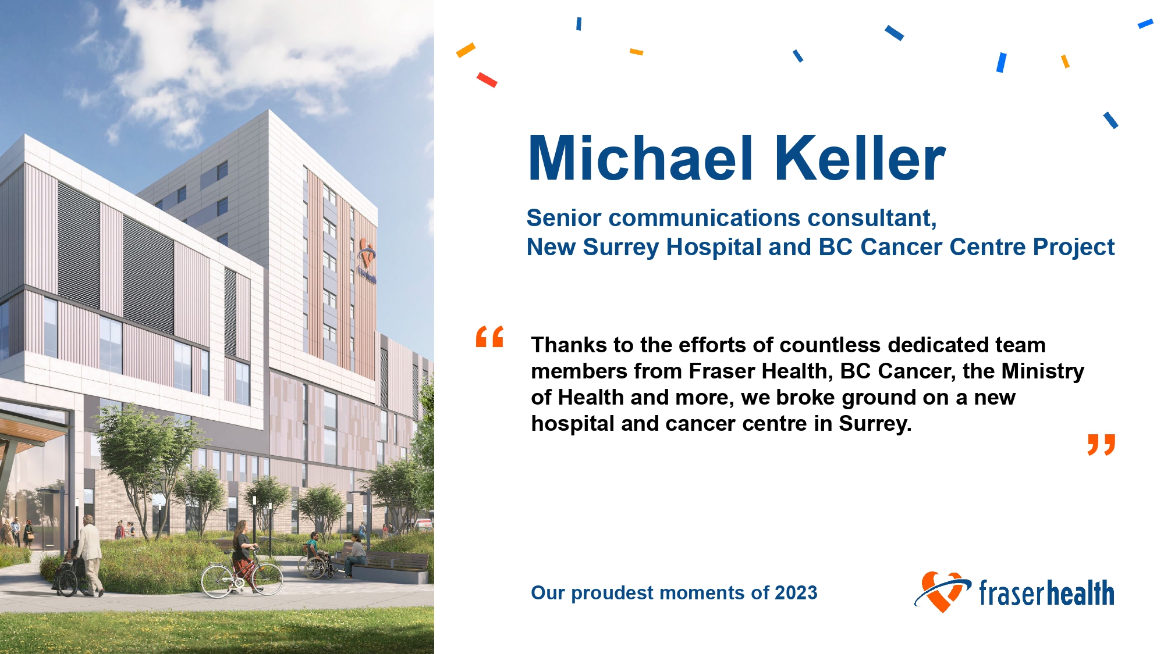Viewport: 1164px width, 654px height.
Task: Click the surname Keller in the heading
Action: point(860,158)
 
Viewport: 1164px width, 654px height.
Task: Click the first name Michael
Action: point(640,158)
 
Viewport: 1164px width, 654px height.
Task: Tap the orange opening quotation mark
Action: point(489,337)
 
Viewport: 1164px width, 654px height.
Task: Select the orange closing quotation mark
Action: point(1101,445)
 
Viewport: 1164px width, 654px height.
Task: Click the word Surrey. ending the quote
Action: point(875,424)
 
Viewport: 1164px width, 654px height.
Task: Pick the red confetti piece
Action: point(487,80)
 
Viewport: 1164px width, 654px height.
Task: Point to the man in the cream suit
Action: point(90,555)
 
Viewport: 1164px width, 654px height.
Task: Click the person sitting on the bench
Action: point(355,555)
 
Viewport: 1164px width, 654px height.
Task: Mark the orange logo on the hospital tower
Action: point(367,260)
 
